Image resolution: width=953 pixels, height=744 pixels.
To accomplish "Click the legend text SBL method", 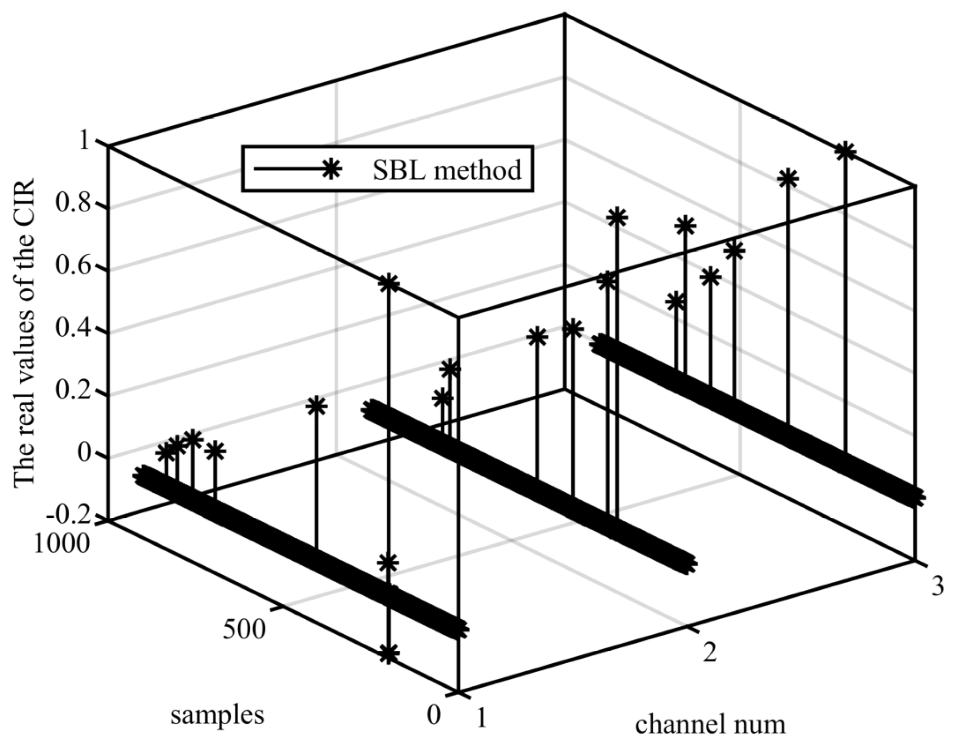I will (447, 170).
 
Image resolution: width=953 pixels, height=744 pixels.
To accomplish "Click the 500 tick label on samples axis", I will (244, 630).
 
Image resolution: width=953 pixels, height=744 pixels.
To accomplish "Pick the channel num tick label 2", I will (709, 653).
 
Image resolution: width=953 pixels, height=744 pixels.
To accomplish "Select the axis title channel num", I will (710, 724).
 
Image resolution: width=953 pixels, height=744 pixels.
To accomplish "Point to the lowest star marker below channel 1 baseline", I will (389, 654).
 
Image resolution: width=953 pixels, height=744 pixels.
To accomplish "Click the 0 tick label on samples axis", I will (434, 715).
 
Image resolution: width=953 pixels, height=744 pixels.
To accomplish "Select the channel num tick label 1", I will (481, 719).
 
